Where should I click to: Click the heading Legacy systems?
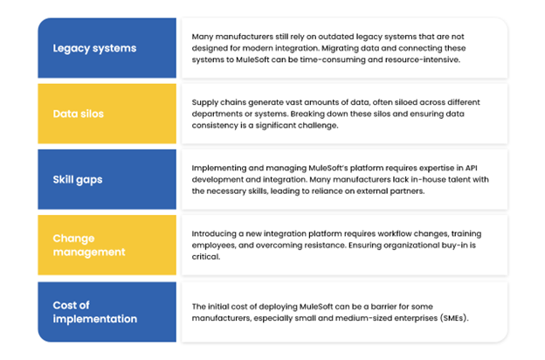pyautogui.click(x=94, y=48)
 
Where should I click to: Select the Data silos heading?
pyautogui.click(x=79, y=114)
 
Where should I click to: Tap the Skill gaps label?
pyautogui.click(x=78, y=180)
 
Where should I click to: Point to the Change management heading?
pyautogui.click(x=88, y=246)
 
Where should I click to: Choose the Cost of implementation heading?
pyautogui.click(x=95, y=312)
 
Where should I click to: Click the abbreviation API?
pyautogui.click(x=471, y=168)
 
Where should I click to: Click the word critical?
pyautogui.click(x=206, y=257)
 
